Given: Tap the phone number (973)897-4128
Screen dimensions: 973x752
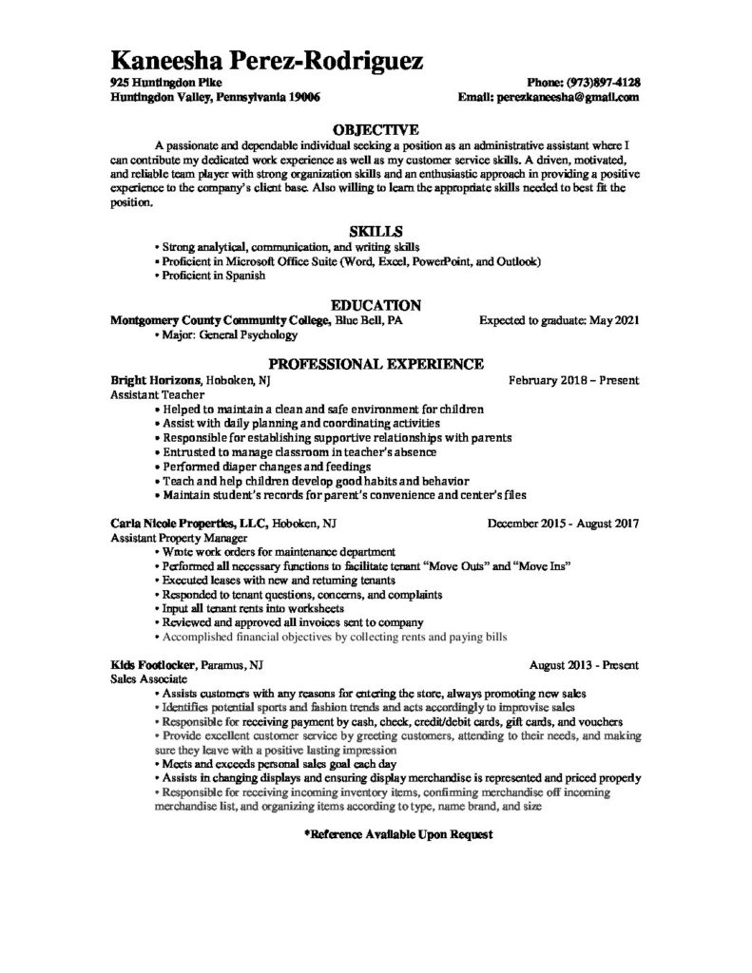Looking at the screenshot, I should [x=602, y=83].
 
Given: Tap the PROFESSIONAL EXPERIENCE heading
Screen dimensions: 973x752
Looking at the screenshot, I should [x=376, y=364].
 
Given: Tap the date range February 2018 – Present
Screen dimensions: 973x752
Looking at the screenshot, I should [x=573, y=380].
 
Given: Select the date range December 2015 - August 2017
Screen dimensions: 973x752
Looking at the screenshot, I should [x=563, y=523].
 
